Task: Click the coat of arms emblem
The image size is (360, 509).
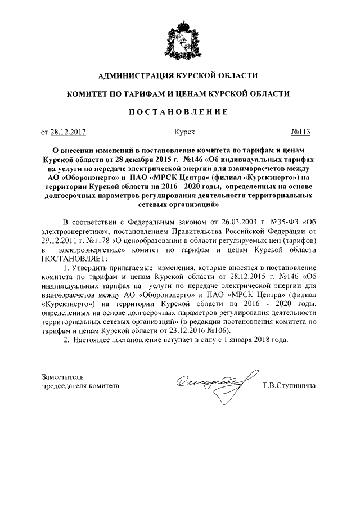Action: pyautogui.click(x=179, y=39)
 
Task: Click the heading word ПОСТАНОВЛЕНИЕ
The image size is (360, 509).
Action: pyautogui.click(x=179, y=112)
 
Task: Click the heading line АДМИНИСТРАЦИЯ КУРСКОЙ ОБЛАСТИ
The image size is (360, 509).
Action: pyautogui.click(x=179, y=75)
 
